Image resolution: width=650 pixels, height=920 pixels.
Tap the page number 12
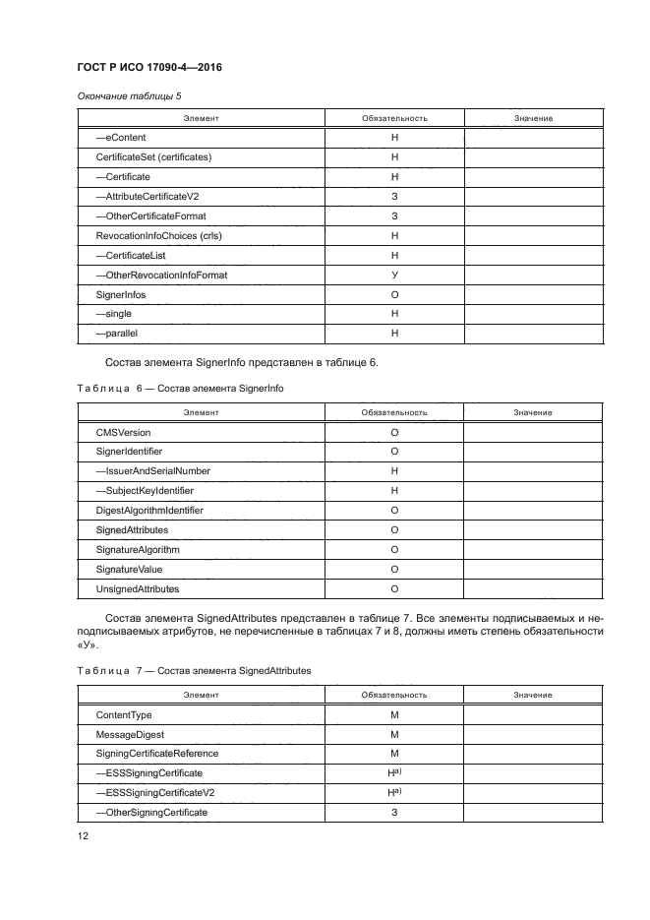pyautogui.click(x=83, y=835)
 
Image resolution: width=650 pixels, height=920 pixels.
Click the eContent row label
pyautogui.click(x=120, y=138)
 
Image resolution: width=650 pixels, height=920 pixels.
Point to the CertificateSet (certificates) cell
pyautogui.click(x=153, y=157)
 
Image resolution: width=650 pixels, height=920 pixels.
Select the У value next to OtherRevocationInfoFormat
pyautogui.click(x=393, y=276)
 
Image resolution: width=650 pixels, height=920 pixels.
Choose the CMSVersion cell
pyautogui.click(x=123, y=432)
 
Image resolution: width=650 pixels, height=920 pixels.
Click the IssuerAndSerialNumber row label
pyautogui.click(x=152, y=471)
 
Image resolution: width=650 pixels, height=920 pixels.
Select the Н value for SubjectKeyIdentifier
pyautogui.click(x=393, y=491)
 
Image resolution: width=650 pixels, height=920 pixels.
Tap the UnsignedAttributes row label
pyautogui.click(x=137, y=588)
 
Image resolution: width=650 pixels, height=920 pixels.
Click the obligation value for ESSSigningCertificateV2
pyautogui.click(x=394, y=793)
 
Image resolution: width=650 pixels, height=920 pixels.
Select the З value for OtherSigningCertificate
pyautogui.click(x=393, y=813)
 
